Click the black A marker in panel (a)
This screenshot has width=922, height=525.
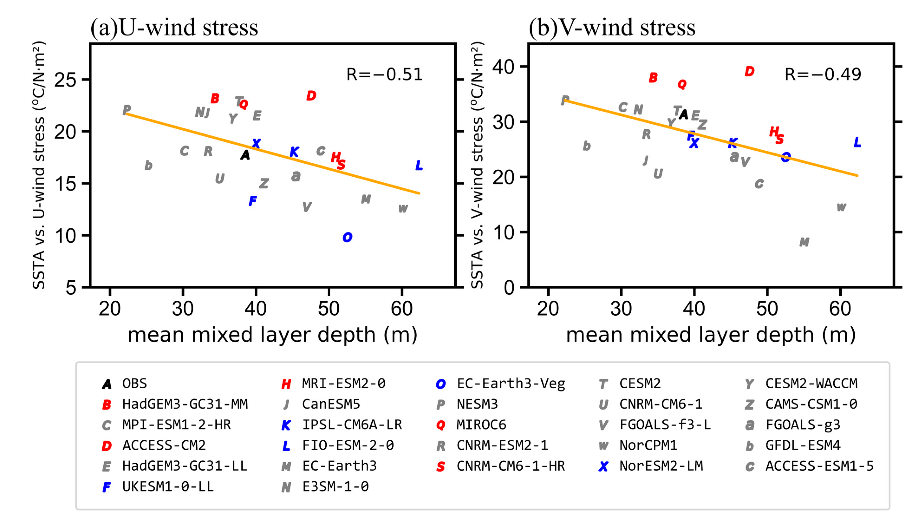click(245, 155)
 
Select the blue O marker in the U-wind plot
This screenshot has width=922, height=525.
click(347, 237)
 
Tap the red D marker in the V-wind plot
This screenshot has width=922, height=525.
click(749, 71)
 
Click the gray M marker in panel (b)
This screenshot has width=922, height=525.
click(804, 242)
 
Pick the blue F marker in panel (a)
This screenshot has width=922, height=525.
click(252, 201)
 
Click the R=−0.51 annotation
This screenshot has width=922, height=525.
click(384, 75)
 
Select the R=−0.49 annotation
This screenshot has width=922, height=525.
click(823, 74)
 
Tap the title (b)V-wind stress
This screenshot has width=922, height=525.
click(612, 27)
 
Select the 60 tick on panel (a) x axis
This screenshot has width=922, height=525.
click(402, 309)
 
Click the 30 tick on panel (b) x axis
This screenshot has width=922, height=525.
click(621, 309)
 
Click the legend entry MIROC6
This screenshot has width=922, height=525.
click(481, 425)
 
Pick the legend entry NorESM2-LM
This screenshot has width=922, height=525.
click(661, 466)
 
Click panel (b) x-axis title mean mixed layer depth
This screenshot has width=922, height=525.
click(710, 335)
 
